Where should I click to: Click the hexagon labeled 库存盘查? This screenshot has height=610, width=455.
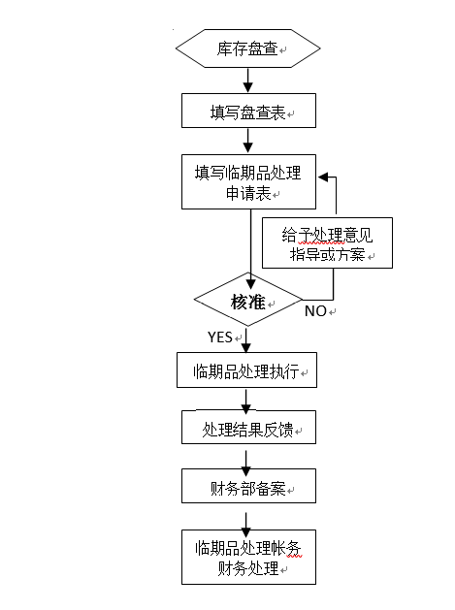click(x=248, y=48)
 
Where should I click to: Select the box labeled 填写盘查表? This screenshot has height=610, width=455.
click(x=248, y=111)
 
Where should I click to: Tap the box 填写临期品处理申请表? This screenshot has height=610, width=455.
click(x=248, y=181)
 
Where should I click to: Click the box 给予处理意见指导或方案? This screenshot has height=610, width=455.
click(x=327, y=242)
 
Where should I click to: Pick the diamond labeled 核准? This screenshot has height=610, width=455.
click(x=248, y=299)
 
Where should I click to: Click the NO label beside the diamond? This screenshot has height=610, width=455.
click(x=315, y=311)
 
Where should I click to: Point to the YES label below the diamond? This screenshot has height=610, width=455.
click(x=220, y=337)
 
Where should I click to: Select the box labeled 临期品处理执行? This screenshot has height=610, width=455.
click(x=246, y=369)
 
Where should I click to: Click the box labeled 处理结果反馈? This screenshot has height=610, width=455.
click(x=248, y=427)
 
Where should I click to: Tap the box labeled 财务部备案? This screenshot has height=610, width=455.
click(x=248, y=486)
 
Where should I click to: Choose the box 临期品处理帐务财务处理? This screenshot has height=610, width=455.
click(x=248, y=557)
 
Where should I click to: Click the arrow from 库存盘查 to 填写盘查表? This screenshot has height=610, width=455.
click(x=248, y=80)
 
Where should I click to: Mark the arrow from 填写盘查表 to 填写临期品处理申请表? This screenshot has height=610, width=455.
click(x=248, y=141)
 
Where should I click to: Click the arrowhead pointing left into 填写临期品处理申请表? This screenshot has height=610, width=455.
click(x=323, y=177)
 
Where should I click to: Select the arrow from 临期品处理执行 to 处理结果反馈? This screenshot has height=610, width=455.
click(x=246, y=401)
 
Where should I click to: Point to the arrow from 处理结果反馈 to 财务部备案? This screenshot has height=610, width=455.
click(x=246, y=464)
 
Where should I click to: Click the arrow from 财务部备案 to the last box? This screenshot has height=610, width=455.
click(x=246, y=526)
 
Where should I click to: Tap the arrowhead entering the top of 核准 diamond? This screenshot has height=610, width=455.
click(x=251, y=284)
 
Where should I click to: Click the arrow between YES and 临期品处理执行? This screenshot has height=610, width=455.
click(x=246, y=340)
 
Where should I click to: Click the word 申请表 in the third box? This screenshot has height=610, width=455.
click(x=248, y=193)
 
